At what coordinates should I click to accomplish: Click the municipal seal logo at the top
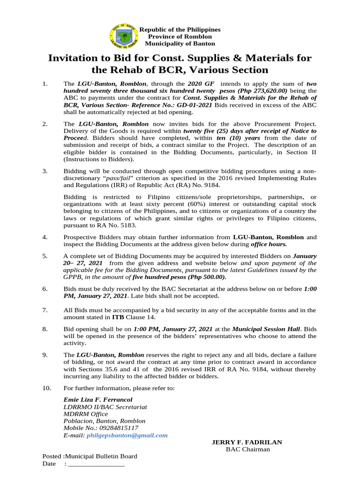point(124,36)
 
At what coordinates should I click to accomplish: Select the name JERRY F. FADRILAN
point(247,442)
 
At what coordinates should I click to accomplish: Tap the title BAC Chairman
point(247,450)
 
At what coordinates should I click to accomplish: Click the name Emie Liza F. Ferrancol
point(98,400)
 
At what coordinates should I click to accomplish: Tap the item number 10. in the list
point(46,388)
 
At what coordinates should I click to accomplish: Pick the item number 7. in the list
point(45,310)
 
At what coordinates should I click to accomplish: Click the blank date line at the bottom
point(96,464)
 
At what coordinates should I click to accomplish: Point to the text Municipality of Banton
point(180,44)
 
